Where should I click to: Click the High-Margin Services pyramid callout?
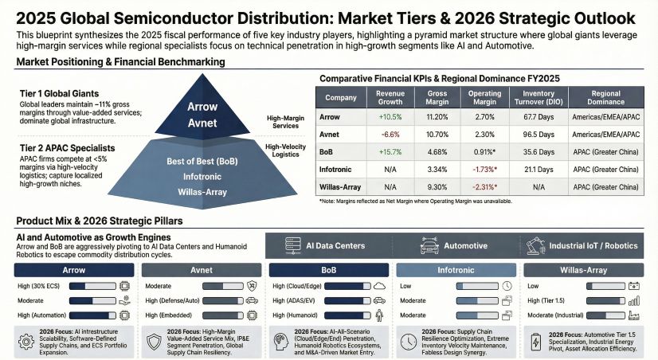click(x=285, y=120)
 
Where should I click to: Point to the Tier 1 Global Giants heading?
click(x=58, y=94)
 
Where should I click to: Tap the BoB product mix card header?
click(x=327, y=270)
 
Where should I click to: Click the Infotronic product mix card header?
click(x=455, y=270)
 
